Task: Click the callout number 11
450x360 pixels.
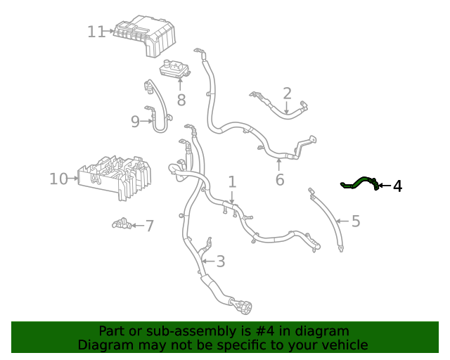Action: point(96,32)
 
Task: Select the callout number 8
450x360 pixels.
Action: point(181,100)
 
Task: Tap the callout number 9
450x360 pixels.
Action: point(135,122)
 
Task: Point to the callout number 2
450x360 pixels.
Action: point(287,94)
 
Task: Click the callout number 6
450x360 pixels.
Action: point(280,180)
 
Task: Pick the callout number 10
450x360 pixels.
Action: point(58,179)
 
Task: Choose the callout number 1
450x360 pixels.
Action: point(232,181)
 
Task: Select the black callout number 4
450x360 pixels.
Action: point(397,186)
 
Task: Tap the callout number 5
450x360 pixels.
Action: point(356,221)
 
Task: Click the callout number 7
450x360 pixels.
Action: point(150,226)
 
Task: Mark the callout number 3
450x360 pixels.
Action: point(220,262)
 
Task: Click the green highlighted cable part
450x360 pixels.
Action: point(359,183)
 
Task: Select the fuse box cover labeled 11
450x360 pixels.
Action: point(145,35)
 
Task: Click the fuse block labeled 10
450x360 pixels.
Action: point(115,177)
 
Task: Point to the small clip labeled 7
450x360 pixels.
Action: point(122,224)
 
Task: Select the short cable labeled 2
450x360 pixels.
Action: point(278,105)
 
